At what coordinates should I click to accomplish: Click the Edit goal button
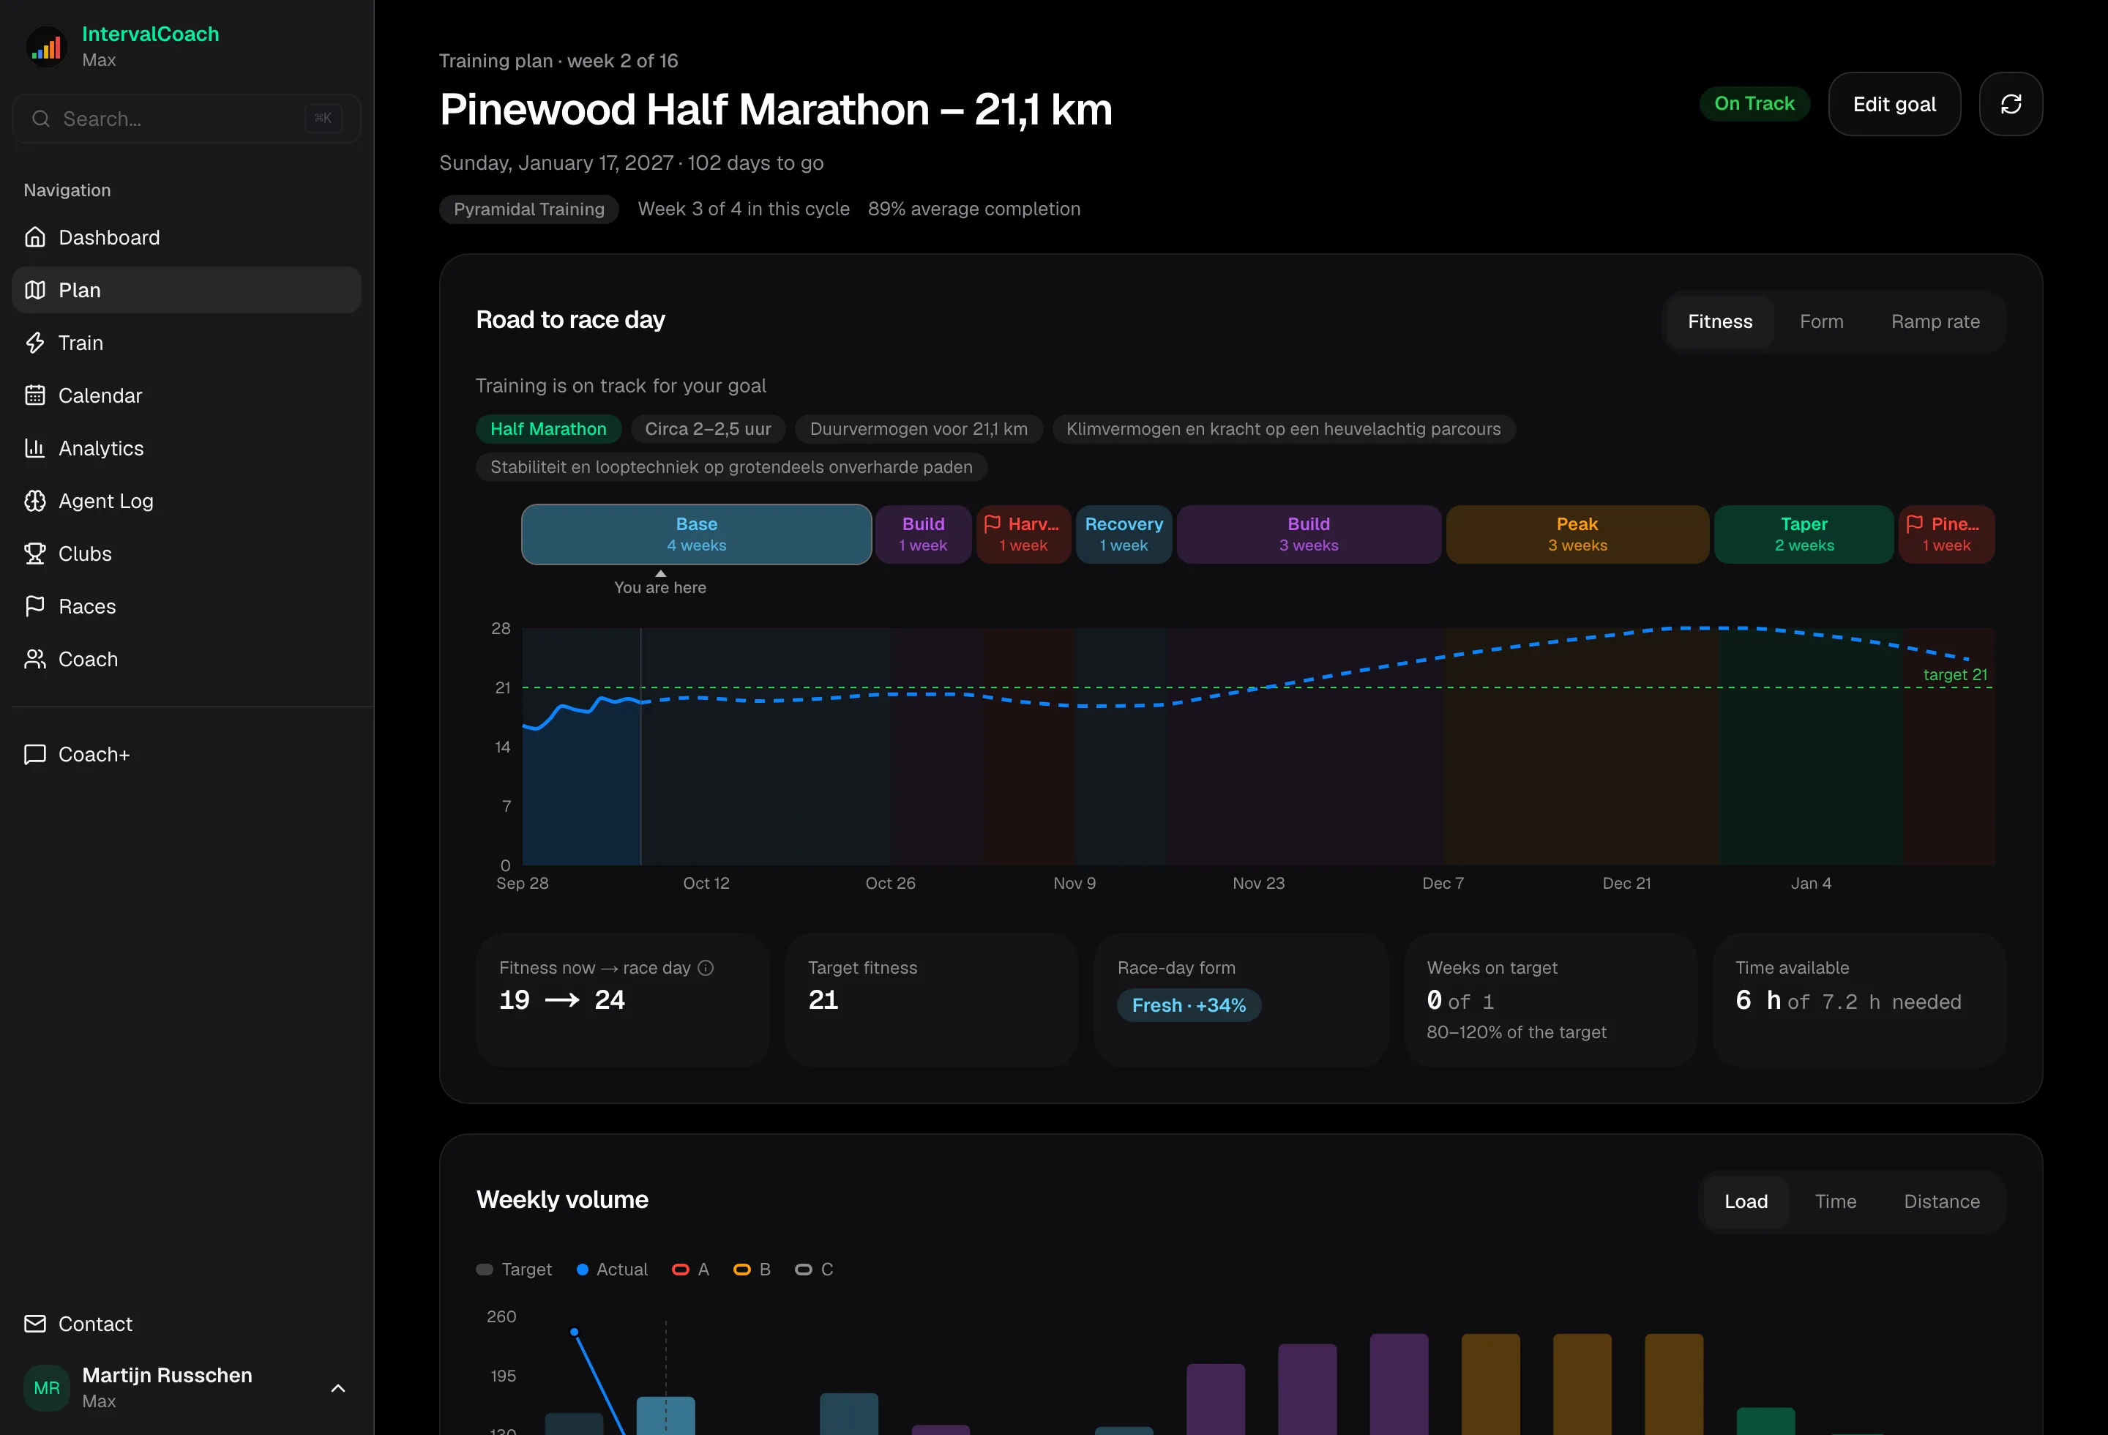[1894, 104]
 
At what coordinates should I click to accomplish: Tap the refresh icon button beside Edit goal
[2011, 104]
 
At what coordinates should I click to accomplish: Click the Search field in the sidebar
[186, 119]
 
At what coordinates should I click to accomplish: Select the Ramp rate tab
[1935, 322]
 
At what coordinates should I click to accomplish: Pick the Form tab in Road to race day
[1821, 322]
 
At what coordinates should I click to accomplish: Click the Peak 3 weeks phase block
[1577, 534]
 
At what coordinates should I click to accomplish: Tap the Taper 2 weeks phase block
[1804, 534]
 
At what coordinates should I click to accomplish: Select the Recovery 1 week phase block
[1124, 534]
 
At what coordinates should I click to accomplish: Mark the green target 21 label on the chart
[1955, 675]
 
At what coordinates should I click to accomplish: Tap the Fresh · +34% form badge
[1188, 1005]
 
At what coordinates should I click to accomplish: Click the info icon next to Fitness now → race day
[706, 968]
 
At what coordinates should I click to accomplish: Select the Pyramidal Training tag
[528, 209]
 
